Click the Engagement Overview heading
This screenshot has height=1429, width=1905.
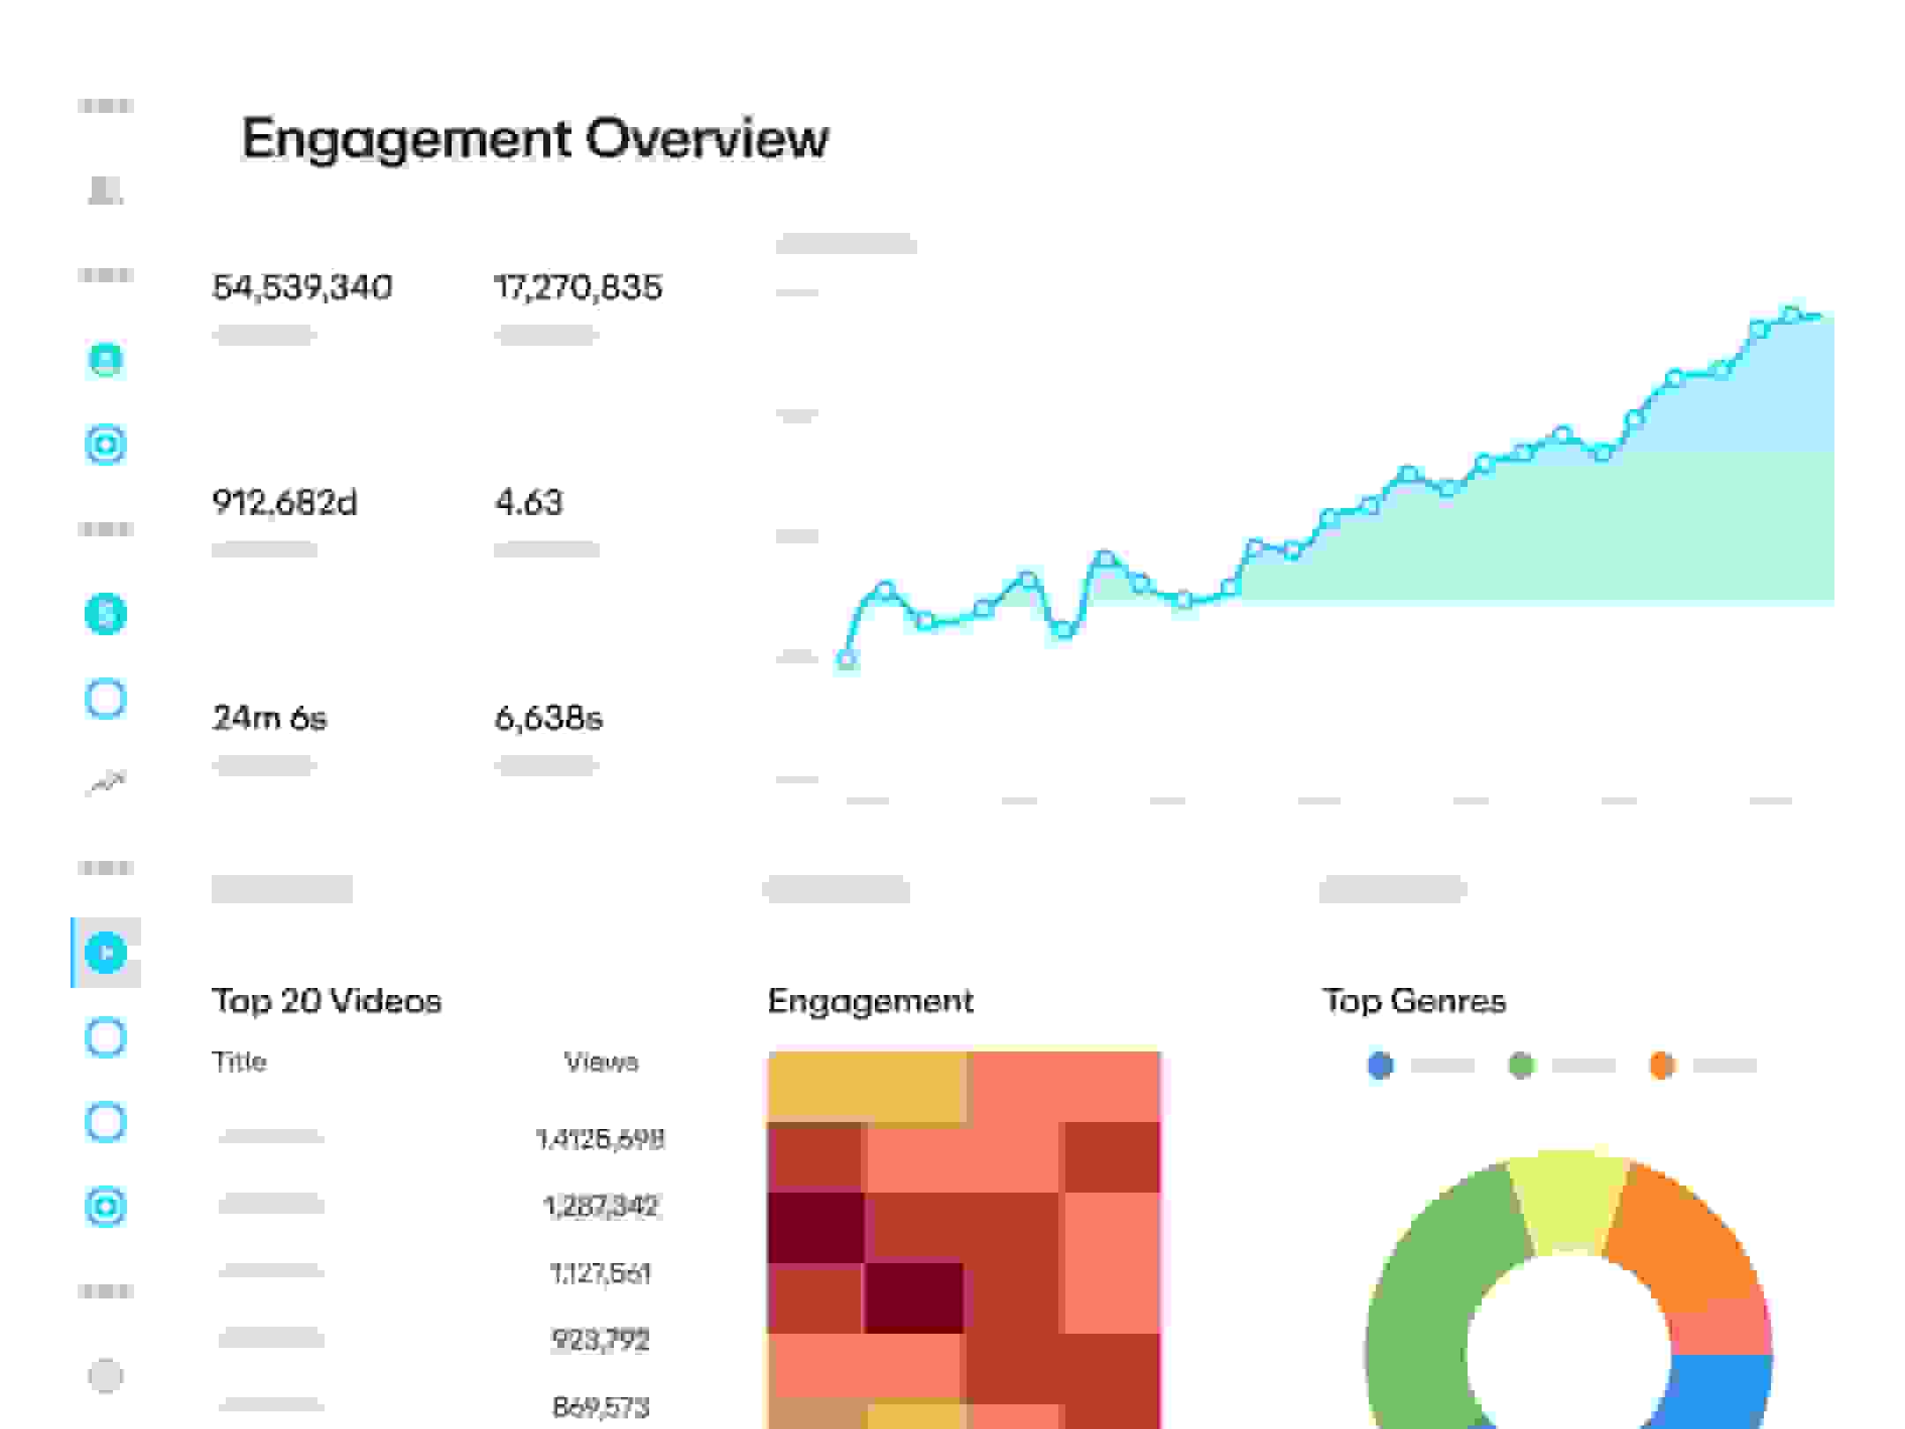tap(534, 138)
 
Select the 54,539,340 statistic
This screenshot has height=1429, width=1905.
tap(302, 288)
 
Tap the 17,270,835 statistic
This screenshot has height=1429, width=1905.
tap(578, 288)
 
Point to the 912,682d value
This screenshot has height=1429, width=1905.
tap(284, 503)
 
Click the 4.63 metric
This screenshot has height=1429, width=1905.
tap(528, 503)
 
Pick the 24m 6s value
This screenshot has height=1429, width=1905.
tap(269, 718)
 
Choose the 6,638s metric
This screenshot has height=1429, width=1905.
tap(548, 718)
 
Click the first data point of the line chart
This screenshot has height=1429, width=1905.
tap(846, 658)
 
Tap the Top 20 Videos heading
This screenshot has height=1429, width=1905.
tap(326, 1001)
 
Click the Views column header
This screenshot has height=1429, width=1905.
tap(601, 1061)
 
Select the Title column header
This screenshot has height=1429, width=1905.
tap(239, 1061)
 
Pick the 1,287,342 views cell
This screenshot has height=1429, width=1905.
tap(601, 1206)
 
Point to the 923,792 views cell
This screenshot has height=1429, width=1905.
tap(601, 1340)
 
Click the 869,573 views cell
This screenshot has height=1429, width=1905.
tap(601, 1407)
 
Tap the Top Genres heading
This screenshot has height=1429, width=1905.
tap(1414, 1001)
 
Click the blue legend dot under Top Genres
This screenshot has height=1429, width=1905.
tap(1380, 1066)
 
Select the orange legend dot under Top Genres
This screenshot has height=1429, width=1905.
tap(1662, 1066)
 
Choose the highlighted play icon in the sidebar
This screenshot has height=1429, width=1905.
tap(106, 953)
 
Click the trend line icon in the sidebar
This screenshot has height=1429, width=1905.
tap(106, 782)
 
